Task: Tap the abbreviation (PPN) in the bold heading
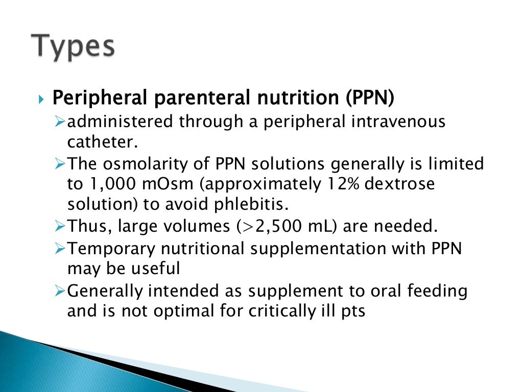369,97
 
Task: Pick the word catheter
103,141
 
